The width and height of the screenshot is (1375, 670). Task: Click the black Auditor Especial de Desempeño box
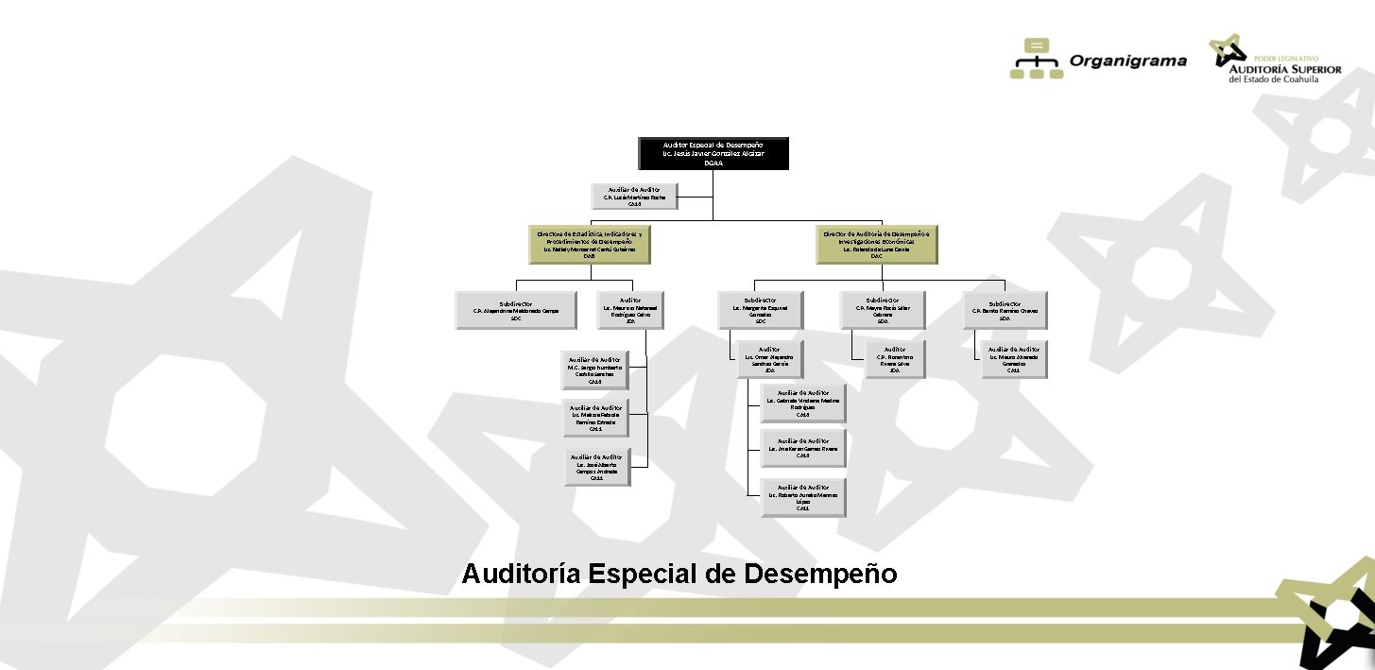click(x=713, y=153)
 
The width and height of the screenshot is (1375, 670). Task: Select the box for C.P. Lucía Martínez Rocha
click(x=634, y=196)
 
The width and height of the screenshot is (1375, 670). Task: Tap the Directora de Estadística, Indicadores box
click(x=589, y=244)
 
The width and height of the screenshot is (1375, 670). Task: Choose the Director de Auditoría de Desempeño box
click(x=876, y=244)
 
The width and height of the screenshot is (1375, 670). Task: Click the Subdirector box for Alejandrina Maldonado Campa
click(x=516, y=309)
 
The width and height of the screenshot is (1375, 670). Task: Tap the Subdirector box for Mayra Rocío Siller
click(x=883, y=309)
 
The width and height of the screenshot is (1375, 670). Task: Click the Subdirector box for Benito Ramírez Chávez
click(x=1005, y=309)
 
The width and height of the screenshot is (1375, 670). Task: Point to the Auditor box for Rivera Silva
click(x=895, y=359)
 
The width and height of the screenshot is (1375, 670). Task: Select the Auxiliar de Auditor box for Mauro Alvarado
click(x=1013, y=359)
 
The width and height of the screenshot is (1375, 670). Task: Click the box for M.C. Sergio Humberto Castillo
click(x=594, y=370)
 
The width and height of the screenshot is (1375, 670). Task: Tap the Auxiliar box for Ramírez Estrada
click(x=594, y=418)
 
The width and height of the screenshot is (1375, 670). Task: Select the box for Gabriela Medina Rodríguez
click(x=802, y=403)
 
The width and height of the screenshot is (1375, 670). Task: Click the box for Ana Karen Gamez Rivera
click(x=802, y=448)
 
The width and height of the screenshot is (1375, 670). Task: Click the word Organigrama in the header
click(x=1127, y=61)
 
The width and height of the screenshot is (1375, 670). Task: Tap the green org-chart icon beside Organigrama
click(x=1037, y=59)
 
